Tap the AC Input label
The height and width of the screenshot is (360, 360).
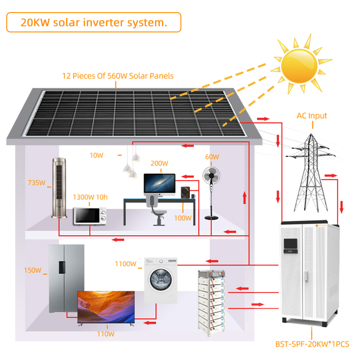(311, 116)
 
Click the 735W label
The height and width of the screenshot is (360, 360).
(36, 183)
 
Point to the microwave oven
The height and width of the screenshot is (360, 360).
(90, 216)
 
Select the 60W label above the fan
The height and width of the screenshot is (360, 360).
(212, 157)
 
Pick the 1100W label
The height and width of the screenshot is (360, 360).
(125, 264)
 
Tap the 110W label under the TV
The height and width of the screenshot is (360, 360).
(106, 334)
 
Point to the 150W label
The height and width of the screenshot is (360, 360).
(32, 270)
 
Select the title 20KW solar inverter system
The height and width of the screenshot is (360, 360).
(94, 22)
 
